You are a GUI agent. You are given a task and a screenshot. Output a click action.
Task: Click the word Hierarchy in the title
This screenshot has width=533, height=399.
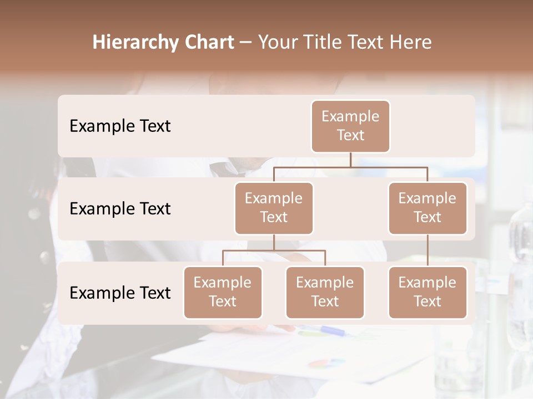click(134, 43)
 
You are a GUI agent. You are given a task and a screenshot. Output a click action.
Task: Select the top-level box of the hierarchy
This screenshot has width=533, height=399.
click(350, 126)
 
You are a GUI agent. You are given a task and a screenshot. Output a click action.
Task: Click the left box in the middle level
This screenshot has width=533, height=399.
click(274, 208)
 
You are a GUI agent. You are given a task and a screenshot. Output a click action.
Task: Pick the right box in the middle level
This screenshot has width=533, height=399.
click(428, 208)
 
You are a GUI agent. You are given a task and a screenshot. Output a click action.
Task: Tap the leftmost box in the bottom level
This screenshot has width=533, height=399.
click(223, 292)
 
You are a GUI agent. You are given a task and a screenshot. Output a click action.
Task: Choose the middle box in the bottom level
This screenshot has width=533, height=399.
click(325, 292)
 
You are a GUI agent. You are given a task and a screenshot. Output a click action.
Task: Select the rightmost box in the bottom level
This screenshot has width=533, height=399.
click(428, 292)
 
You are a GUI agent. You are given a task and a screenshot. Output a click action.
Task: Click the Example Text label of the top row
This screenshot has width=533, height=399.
click(120, 126)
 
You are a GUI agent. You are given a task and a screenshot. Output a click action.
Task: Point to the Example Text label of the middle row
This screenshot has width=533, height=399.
click(120, 209)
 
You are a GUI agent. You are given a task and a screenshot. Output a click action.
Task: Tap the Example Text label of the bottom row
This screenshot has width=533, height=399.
click(120, 293)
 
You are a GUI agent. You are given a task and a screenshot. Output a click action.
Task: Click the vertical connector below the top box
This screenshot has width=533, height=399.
click(350, 160)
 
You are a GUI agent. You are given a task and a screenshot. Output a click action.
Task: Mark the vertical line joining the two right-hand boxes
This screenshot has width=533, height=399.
click(428, 250)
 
